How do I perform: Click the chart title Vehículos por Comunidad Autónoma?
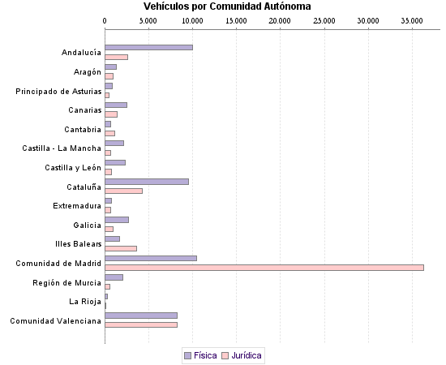227,6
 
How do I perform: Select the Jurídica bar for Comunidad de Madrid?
264,268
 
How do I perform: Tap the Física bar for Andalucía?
148,47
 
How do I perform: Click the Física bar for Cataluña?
147,182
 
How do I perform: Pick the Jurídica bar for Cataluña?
123,191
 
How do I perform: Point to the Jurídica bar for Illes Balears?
121,248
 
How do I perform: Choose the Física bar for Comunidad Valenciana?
141,316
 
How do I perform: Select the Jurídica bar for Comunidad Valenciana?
141,324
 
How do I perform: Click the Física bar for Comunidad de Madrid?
151,259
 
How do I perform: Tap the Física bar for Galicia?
117,220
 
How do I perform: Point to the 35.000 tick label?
412,19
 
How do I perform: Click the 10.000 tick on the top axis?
192,19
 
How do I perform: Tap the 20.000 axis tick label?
280,19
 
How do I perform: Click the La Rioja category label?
85,302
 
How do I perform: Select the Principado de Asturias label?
58,91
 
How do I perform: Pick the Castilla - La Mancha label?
62,148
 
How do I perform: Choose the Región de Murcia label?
67,282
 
